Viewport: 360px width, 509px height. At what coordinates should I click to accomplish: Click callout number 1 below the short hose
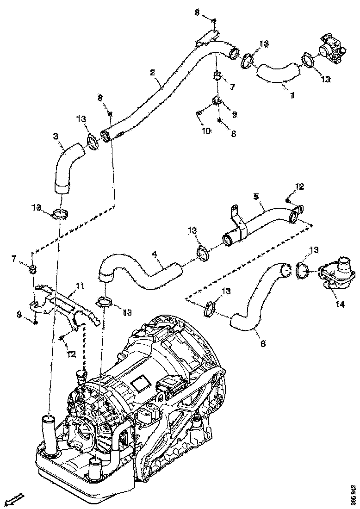(x=292, y=95)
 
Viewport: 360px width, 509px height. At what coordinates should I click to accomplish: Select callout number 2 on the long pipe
(x=152, y=72)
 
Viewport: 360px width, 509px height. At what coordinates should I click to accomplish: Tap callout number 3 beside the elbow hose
(x=56, y=137)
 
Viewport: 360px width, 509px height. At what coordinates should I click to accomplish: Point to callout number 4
(x=155, y=254)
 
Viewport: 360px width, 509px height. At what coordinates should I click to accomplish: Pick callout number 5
(x=255, y=196)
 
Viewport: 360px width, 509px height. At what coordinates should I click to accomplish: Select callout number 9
(x=234, y=113)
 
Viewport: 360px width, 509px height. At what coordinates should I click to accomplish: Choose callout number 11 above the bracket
(x=80, y=287)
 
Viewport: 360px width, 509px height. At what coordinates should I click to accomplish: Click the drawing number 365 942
(x=353, y=494)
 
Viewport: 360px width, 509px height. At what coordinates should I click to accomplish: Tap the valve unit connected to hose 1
(x=332, y=50)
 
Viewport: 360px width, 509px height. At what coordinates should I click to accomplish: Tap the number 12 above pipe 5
(x=299, y=186)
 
